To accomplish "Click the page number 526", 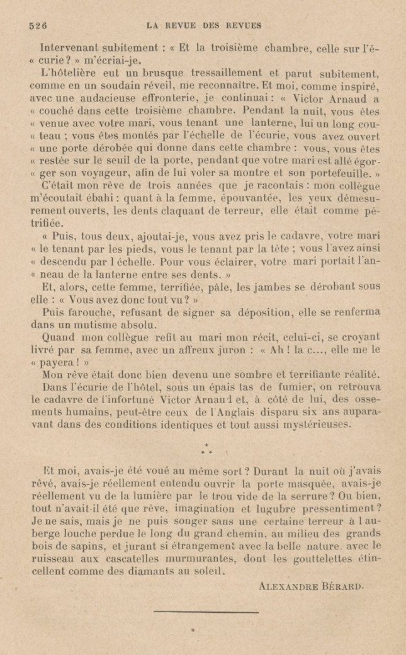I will click(x=39, y=26).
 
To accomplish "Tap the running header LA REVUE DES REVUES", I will click(x=203, y=26).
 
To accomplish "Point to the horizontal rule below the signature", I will click(x=205, y=610).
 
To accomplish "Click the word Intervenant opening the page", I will click(x=69, y=47).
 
